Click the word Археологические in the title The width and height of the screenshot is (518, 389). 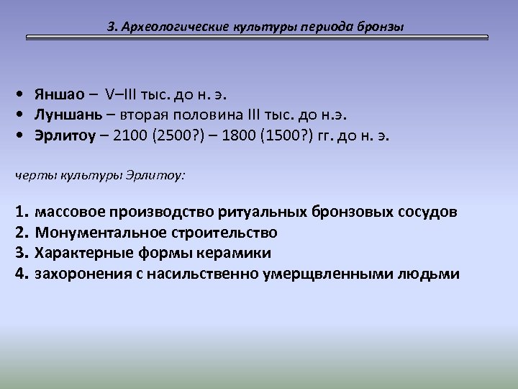click(168, 27)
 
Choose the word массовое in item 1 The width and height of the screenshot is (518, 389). click(71, 213)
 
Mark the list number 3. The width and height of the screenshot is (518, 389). click(20, 254)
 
